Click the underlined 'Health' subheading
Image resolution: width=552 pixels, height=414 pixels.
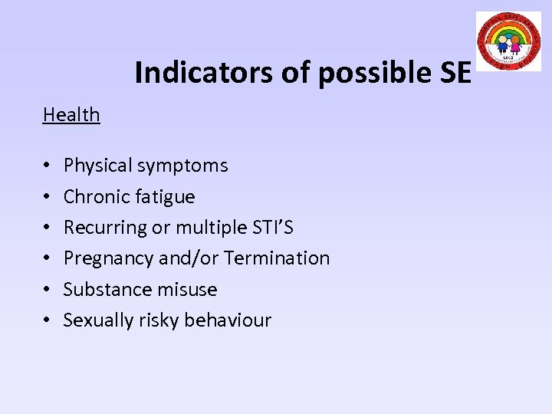71,115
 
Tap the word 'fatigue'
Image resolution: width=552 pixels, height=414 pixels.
163,197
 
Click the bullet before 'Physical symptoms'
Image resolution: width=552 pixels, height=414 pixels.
48,166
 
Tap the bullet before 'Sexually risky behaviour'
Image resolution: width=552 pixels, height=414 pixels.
48,321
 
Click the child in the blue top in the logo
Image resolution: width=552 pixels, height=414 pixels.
503,44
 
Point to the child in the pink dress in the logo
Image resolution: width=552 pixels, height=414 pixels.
515,45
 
